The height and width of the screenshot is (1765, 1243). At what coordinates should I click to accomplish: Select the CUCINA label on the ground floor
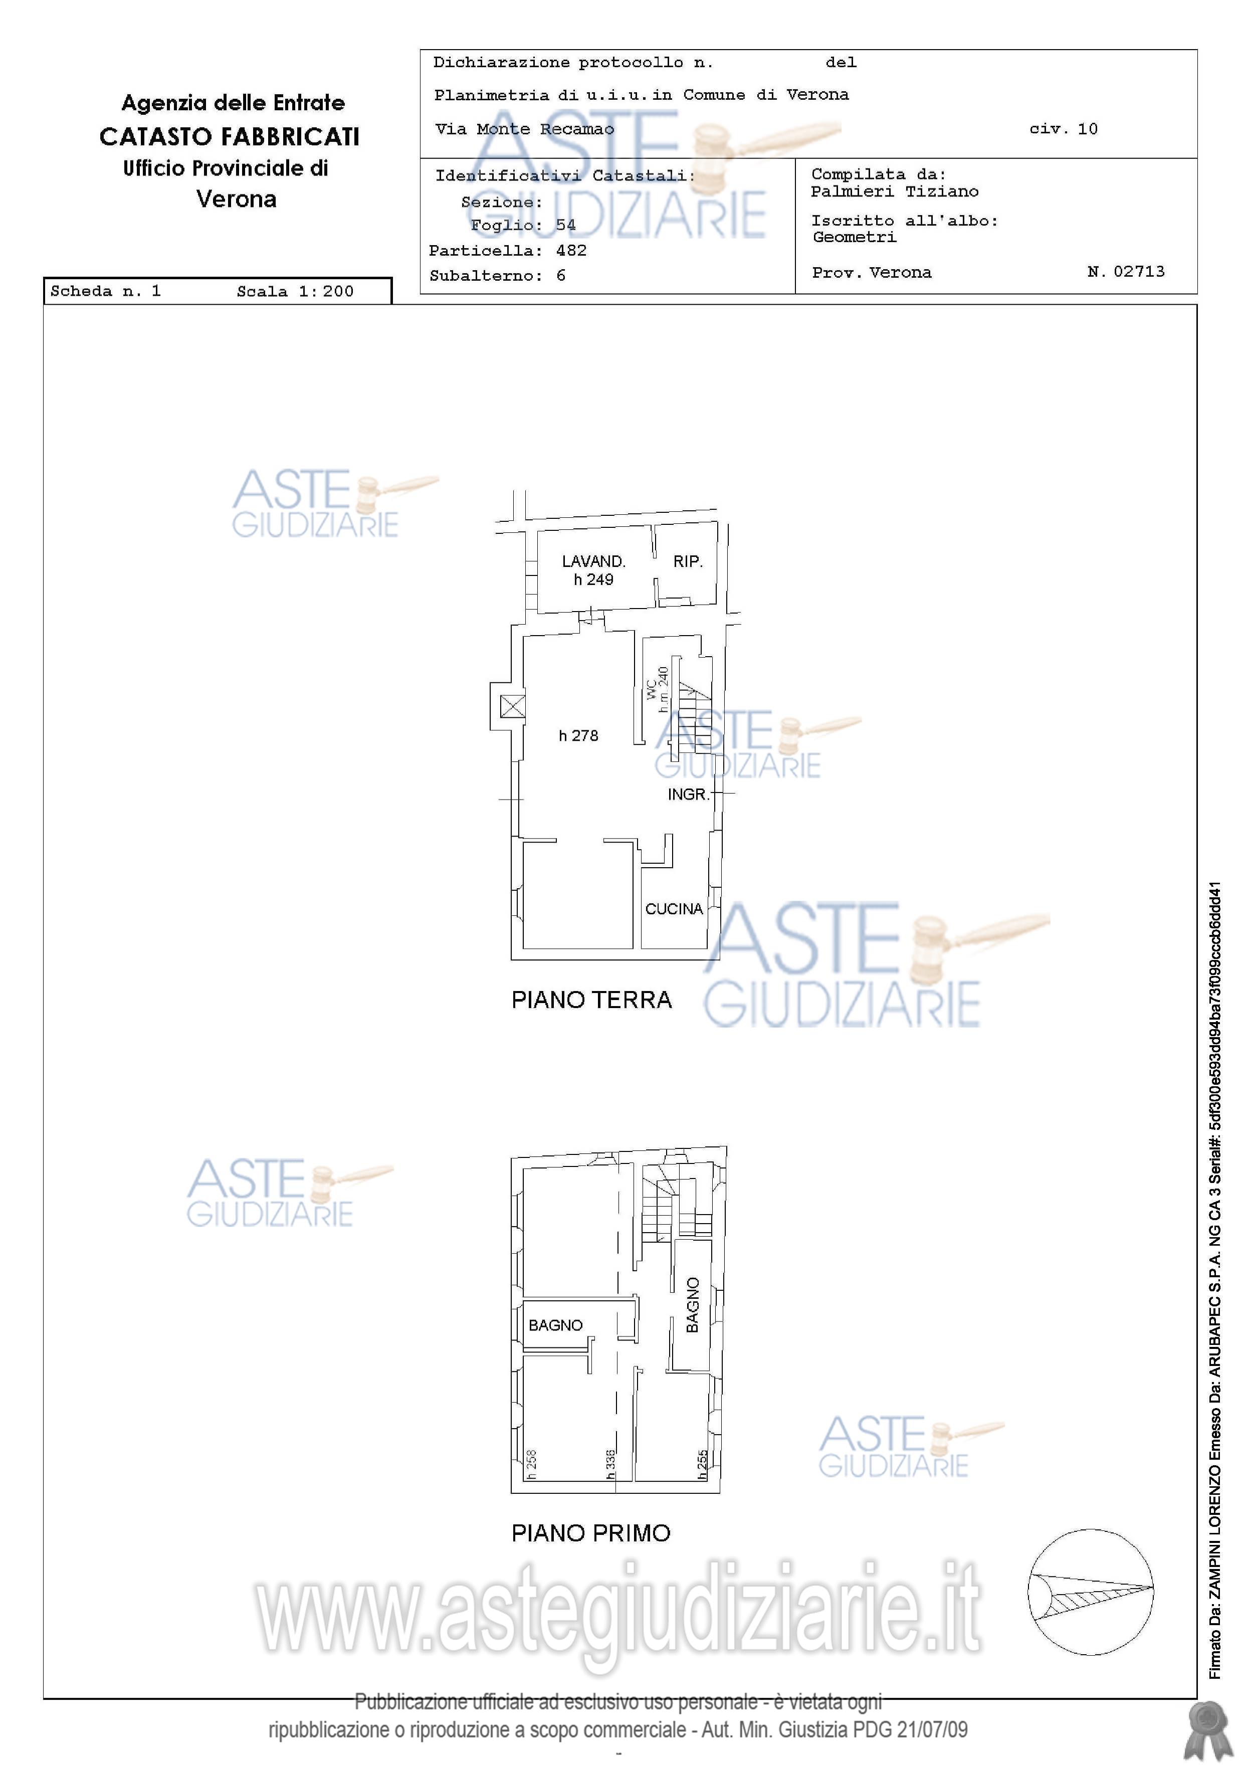pyautogui.click(x=674, y=909)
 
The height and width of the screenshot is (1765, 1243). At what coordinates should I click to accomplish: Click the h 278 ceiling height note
pyautogui.click(x=578, y=736)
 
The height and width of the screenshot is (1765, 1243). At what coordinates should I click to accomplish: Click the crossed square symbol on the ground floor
pyautogui.click(x=513, y=706)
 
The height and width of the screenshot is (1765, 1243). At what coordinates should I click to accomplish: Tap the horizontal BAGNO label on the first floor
pyautogui.click(x=556, y=1325)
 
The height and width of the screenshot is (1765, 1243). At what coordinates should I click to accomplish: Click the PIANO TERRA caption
pyautogui.click(x=592, y=1000)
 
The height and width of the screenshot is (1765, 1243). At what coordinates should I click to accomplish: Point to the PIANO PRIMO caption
pyautogui.click(x=591, y=1533)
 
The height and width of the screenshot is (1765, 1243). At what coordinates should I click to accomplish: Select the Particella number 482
pyautogui.click(x=571, y=251)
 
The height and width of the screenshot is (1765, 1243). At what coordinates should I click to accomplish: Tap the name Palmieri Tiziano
pyautogui.click(x=895, y=191)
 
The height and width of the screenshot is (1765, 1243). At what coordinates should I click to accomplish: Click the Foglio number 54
pyautogui.click(x=566, y=225)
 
